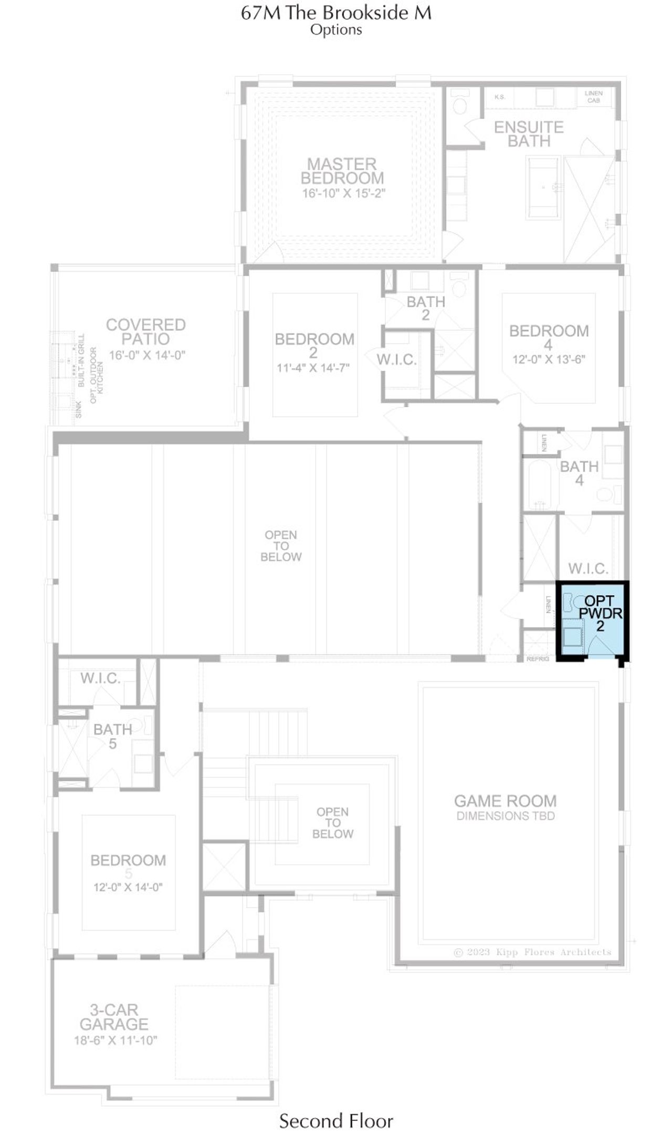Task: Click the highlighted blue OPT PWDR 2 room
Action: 592,620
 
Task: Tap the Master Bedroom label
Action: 342,171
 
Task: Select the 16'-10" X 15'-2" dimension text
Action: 343,193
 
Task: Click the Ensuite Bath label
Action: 529,134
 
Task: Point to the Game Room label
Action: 505,801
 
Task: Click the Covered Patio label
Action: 146,331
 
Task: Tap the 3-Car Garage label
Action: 114,1017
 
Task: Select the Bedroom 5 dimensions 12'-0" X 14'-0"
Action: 128,887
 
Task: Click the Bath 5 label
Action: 112,736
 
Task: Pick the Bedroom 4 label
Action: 549,337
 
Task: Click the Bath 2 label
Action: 426,308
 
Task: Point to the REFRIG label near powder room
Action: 538,659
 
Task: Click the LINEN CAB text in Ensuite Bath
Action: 594,97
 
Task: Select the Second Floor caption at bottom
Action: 336,1121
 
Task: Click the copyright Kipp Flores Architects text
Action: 532,952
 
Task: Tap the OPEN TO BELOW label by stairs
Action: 332,823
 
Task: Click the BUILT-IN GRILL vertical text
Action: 81,360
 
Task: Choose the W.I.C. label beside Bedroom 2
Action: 396,360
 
